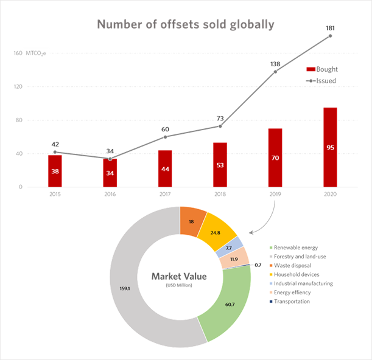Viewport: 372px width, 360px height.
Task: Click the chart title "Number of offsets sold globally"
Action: coord(186,25)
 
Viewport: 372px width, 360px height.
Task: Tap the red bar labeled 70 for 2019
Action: coord(275,158)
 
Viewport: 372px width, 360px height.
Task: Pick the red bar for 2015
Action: coord(55,171)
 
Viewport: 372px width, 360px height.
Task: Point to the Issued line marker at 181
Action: coord(331,36)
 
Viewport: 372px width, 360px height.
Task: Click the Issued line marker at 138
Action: coord(275,72)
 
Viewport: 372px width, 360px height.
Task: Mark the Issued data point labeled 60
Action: coord(165,137)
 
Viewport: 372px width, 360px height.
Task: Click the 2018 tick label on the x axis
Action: coord(220,194)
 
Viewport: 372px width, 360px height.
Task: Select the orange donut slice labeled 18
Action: coord(192,223)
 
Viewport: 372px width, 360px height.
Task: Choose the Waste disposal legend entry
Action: coord(290,265)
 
